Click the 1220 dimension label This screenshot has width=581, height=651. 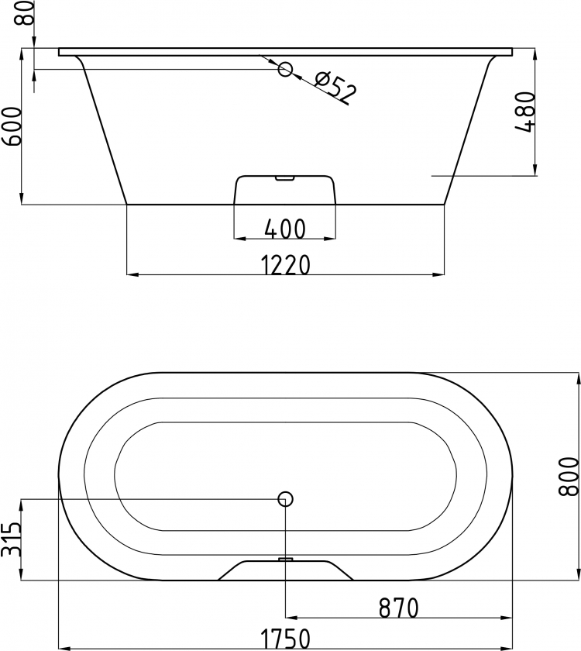point(286,265)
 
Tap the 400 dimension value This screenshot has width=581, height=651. point(286,229)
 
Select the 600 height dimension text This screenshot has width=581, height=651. point(11,126)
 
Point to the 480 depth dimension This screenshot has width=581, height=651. point(524,112)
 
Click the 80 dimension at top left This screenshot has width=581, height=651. point(25,12)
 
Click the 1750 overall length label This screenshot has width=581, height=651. point(286,639)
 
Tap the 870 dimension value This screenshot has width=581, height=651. point(398,608)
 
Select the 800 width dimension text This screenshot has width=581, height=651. point(568,477)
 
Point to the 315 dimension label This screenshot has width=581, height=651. point(11,539)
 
